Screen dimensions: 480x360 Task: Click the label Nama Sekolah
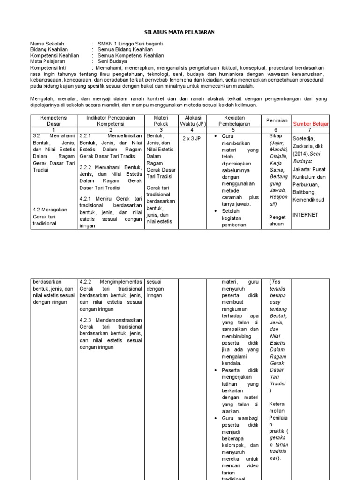click(x=47, y=43)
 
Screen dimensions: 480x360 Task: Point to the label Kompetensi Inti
click(x=49, y=67)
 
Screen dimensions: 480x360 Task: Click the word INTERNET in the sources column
click(x=305, y=215)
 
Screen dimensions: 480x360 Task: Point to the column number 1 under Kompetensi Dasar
click(x=54, y=129)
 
